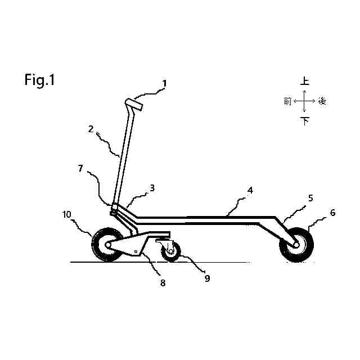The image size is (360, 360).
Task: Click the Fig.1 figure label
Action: [39, 80]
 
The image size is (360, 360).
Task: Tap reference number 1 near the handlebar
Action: [164, 84]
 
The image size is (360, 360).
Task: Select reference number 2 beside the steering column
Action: [91, 129]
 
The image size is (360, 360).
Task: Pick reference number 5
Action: [309, 198]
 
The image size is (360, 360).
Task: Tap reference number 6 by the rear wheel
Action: [332, 213]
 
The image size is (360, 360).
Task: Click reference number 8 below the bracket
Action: [163, 283]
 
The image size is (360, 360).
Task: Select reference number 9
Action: [207, 278]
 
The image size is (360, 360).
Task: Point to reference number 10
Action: [66, 214]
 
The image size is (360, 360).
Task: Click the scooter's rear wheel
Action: [296, 245]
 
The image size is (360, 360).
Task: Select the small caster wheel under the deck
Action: [170, 251]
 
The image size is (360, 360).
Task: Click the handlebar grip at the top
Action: [133, 104]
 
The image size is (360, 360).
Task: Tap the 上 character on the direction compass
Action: [304, 81]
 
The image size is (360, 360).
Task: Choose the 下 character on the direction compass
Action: [305, 121]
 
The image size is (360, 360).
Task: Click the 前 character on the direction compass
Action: [287, 101]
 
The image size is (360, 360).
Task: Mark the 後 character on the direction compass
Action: [322, 101]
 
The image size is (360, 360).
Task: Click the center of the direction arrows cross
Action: [304, 101]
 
